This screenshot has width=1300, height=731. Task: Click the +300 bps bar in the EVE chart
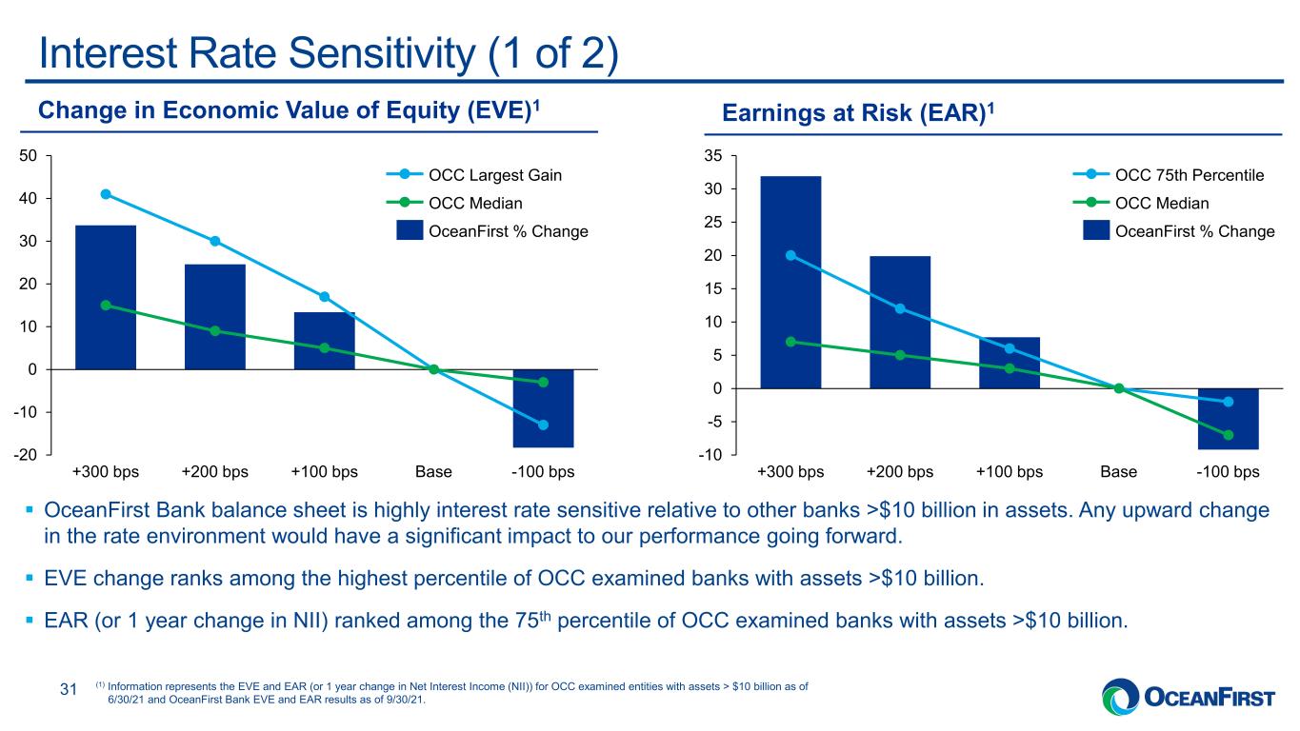tap(106, 297)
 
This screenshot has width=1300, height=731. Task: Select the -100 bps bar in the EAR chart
tap(1228, 419)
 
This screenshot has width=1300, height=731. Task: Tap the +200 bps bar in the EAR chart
tap(900, 322)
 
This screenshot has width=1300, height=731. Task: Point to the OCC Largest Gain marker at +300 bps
tap(106, 194)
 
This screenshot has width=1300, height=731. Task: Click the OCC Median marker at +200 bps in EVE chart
tap(214, 330)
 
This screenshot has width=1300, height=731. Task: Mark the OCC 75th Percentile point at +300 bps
tap(790, 255)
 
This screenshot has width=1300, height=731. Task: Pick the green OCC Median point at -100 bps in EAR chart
tap(1228, 435)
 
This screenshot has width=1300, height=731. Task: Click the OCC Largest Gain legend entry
tap(474, 174)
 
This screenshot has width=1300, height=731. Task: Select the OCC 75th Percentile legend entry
tap(1169, 174)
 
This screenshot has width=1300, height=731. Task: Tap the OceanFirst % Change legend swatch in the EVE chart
tap(410, 230)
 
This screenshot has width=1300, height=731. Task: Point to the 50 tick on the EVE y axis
tap(28, 155)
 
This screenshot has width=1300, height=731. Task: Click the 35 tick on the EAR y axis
tap(713, 155)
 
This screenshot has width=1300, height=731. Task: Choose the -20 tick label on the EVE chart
tap(26, 455)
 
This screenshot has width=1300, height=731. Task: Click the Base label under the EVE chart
tap(433, 472)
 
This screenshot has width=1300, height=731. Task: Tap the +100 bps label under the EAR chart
tap(1010, 472)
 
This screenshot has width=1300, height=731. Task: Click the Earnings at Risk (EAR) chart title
tap(858, 112)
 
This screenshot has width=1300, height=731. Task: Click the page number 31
tap(69, 689)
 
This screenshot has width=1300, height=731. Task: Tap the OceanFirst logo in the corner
tap(1189, 697)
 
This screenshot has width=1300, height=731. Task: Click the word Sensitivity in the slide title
tap(381, 54)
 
